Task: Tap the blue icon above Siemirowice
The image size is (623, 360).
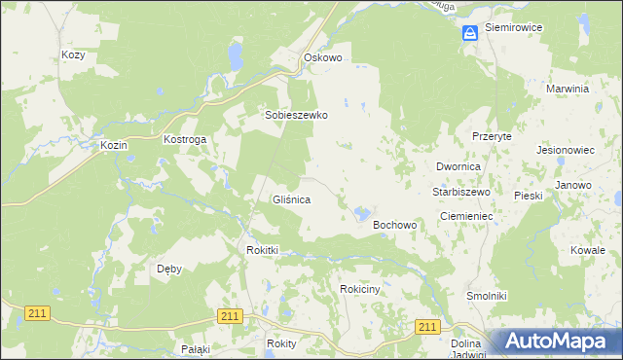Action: pyautogui.click(x=470, y=33)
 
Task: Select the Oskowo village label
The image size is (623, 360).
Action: pyautogui.click(x=323, y=57)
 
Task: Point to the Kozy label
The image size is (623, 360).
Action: pyautogui.click(x=73, y=55)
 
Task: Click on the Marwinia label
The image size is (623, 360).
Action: pyautogui.click(x=569, y=89)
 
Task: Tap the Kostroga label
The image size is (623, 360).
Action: pyautogui.click(x=184, y=140)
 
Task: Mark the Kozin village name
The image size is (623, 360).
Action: pyautogui.click(x=114, y=145)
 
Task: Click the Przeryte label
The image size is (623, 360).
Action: pyautogui.click(x=492, y=137)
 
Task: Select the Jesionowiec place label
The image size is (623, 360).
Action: pyautogui.click(x=565, y=151)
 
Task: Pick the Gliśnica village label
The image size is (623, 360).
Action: pyautogui.click(x=290, y=199)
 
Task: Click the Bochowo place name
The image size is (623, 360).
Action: pyautogui.click(x=395, y=225)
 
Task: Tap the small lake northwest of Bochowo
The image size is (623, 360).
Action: pyautogui.click(x=362, y=211)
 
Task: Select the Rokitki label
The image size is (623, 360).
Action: pyautogui.click(x=263, y=250)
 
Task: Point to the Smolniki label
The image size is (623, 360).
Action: pyautogui.click(x=486, y=295)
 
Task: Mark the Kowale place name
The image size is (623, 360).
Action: pyautogui.click(x=588, y=250)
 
